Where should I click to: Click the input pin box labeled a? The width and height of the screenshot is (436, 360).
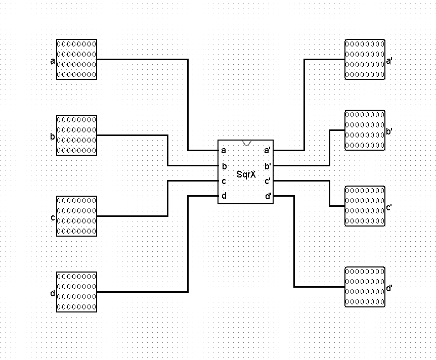[76, 60]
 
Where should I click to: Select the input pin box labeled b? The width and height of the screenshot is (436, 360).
[76, 135]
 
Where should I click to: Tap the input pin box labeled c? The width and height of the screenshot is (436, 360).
[76, 216]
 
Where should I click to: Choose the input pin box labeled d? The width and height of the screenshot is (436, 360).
[76, 292]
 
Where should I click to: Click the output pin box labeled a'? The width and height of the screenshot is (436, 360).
[365, 60]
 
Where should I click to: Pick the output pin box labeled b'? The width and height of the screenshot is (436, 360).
[365, 130]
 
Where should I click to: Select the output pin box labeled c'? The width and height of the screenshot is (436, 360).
[365, 206]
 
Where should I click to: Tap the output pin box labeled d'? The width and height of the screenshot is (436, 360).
[365, 287]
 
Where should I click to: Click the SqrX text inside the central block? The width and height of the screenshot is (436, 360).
[246, 174]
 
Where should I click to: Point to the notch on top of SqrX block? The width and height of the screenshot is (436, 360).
[246, 143]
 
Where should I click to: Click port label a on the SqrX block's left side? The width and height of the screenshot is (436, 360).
[224, 150]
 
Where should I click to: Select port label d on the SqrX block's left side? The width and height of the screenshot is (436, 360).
[224, 196]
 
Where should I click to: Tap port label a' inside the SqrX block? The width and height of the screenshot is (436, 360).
[267, 150]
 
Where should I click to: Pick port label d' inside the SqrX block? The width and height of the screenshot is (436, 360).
[267, 196]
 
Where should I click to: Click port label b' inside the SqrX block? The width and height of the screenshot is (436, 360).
[267, 165]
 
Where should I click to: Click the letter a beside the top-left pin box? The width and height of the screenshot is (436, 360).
[53, 62]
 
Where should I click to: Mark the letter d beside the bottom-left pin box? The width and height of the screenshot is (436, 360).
[53, 293]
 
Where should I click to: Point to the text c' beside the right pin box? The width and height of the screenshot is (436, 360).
[389, 207]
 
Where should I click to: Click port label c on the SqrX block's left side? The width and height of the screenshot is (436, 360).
[224, 181]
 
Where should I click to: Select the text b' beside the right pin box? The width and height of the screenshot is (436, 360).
[389, 131]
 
